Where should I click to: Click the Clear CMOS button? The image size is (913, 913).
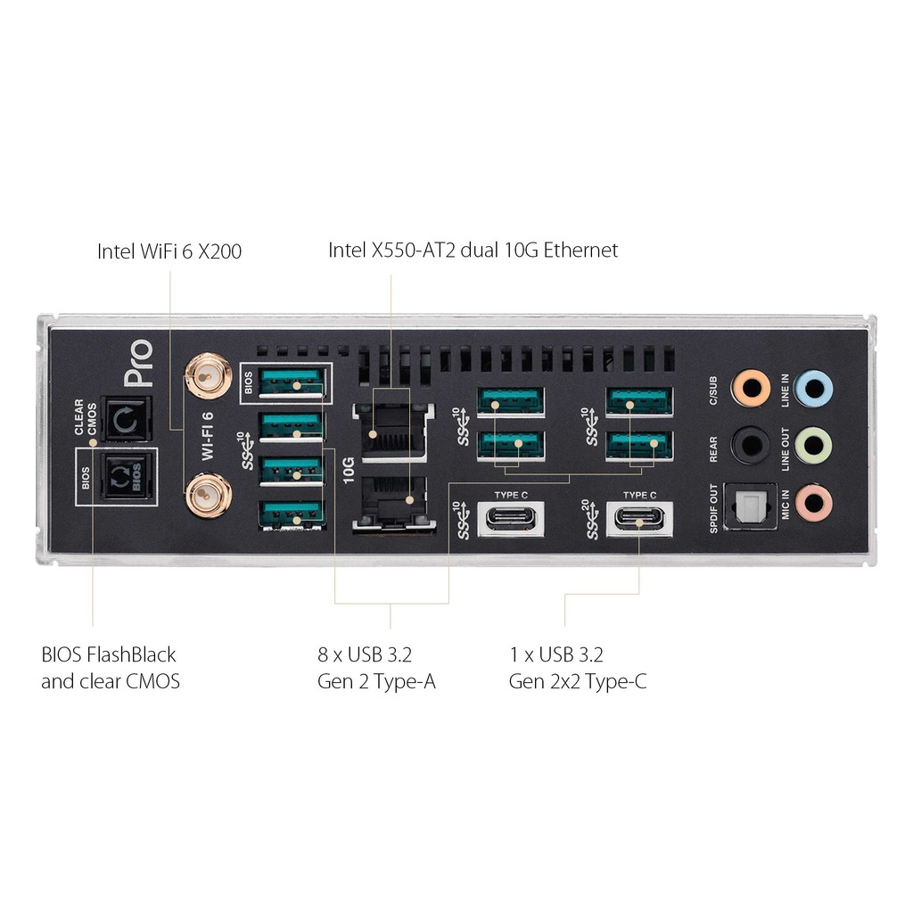(127, 419)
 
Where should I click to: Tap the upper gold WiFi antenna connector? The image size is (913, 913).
(208, 377)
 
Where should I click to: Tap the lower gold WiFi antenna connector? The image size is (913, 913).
(209, 496)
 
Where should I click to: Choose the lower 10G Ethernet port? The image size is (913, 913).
(393, 503)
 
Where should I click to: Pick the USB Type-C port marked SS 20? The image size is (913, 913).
(639, 518)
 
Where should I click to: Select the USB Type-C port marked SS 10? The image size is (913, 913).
(511, 518)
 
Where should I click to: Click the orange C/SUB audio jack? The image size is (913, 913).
(751, 388)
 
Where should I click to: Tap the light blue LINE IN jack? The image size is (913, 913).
(813, 389)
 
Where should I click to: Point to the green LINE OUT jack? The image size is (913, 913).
(813, 446)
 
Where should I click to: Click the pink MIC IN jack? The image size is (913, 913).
(813, 503)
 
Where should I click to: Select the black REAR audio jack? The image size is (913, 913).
(751, 446)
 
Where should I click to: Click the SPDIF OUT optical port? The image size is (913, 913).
(750, 506)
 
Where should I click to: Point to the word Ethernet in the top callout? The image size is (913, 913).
(580, 250)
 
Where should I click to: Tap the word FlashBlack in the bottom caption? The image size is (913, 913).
(131, 654)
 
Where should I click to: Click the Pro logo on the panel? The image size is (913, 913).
(138, 364)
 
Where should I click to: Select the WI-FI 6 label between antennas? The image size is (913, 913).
(207, 436)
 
